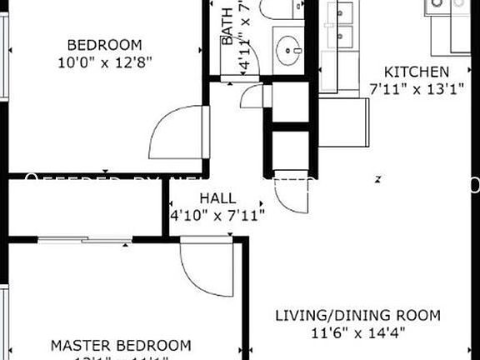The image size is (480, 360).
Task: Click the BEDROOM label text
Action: point(104,44)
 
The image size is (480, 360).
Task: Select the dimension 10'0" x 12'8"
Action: point(104,61)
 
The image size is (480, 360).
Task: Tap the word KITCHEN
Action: point(416,72)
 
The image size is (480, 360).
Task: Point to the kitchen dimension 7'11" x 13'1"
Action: point(416,88)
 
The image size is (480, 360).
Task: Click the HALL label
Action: point(217,199)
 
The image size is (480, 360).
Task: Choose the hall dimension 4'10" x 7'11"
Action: point(217,215)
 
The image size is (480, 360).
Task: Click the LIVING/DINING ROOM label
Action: point(357,316)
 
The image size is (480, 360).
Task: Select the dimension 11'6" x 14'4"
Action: point(357,332)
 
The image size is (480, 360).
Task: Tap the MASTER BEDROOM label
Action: point(121,345)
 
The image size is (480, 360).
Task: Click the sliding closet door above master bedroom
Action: point(85,240)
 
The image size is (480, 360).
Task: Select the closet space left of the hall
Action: point(83,207)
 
